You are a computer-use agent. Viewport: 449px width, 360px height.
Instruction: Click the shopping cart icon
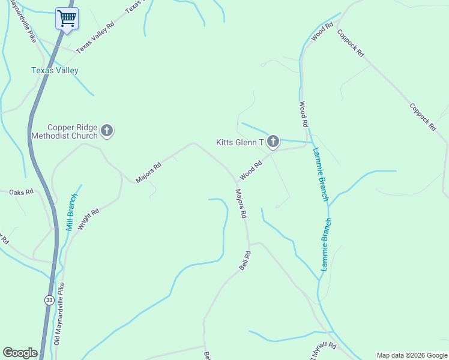(67, 18)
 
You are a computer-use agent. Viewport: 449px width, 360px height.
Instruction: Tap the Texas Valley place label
(55, 70)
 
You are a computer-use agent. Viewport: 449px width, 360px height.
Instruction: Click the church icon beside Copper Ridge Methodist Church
(107, 130)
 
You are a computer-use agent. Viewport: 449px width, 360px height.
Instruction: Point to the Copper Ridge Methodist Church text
(73, 131)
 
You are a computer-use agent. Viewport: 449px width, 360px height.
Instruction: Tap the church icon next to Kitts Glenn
(273, 142)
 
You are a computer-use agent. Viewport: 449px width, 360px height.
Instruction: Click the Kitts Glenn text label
(240, 142)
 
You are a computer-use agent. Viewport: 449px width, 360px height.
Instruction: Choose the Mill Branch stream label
(72, 212)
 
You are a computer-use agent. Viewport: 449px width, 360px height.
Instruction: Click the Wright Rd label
(88, 216)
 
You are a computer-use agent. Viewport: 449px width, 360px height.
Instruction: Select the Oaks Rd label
(21, 193)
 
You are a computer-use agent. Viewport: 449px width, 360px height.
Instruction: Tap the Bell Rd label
(244, 260)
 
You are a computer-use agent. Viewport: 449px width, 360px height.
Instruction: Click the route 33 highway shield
(49, 299)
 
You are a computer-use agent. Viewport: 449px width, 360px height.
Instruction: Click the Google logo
(20, 353)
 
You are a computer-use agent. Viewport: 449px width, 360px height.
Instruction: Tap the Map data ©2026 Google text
(412, 355)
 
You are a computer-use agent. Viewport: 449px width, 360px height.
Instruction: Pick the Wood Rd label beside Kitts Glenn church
(251, 170)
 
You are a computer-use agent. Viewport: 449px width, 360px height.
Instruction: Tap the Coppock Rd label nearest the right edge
(423, 117)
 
